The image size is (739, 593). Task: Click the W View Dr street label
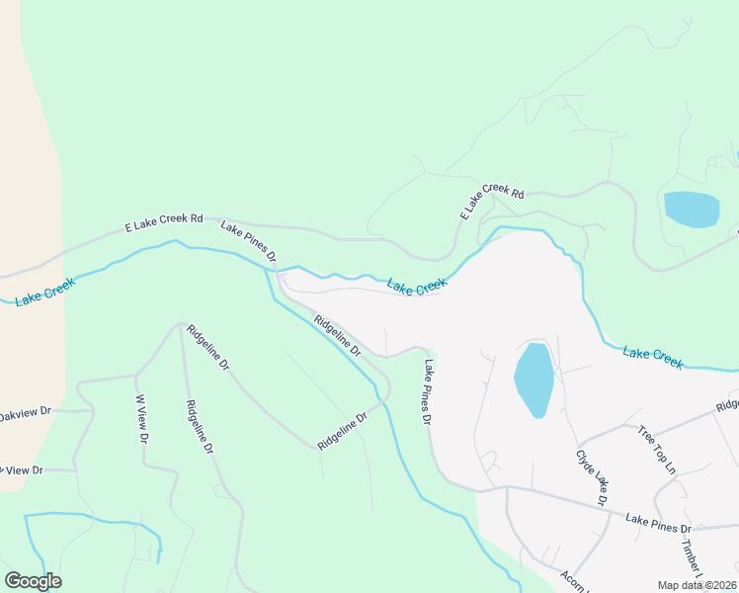(x=142, y=419)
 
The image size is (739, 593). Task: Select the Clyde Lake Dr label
(x=591, y=478)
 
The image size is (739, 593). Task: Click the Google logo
(x=33, y=581)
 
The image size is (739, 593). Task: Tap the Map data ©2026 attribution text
(x=696, y=585)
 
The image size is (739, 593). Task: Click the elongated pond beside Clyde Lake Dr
(x=533, y=380)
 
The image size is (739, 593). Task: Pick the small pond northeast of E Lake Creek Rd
(x=691, y=209)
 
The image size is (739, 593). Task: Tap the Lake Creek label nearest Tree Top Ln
(x=652, y=358)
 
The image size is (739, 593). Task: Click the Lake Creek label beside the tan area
(x=44, y=292)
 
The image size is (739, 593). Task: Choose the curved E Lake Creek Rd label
(x=491, y=201)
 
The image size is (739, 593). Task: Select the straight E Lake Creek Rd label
(x=163, y=223)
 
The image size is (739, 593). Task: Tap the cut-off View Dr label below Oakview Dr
(x=22, y=470)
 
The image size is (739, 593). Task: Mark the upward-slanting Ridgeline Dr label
(x=342, y=432)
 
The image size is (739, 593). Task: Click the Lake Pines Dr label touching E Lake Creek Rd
(x=248, y=242)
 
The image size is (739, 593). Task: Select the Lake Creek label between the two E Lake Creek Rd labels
(x=416, y=287)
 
